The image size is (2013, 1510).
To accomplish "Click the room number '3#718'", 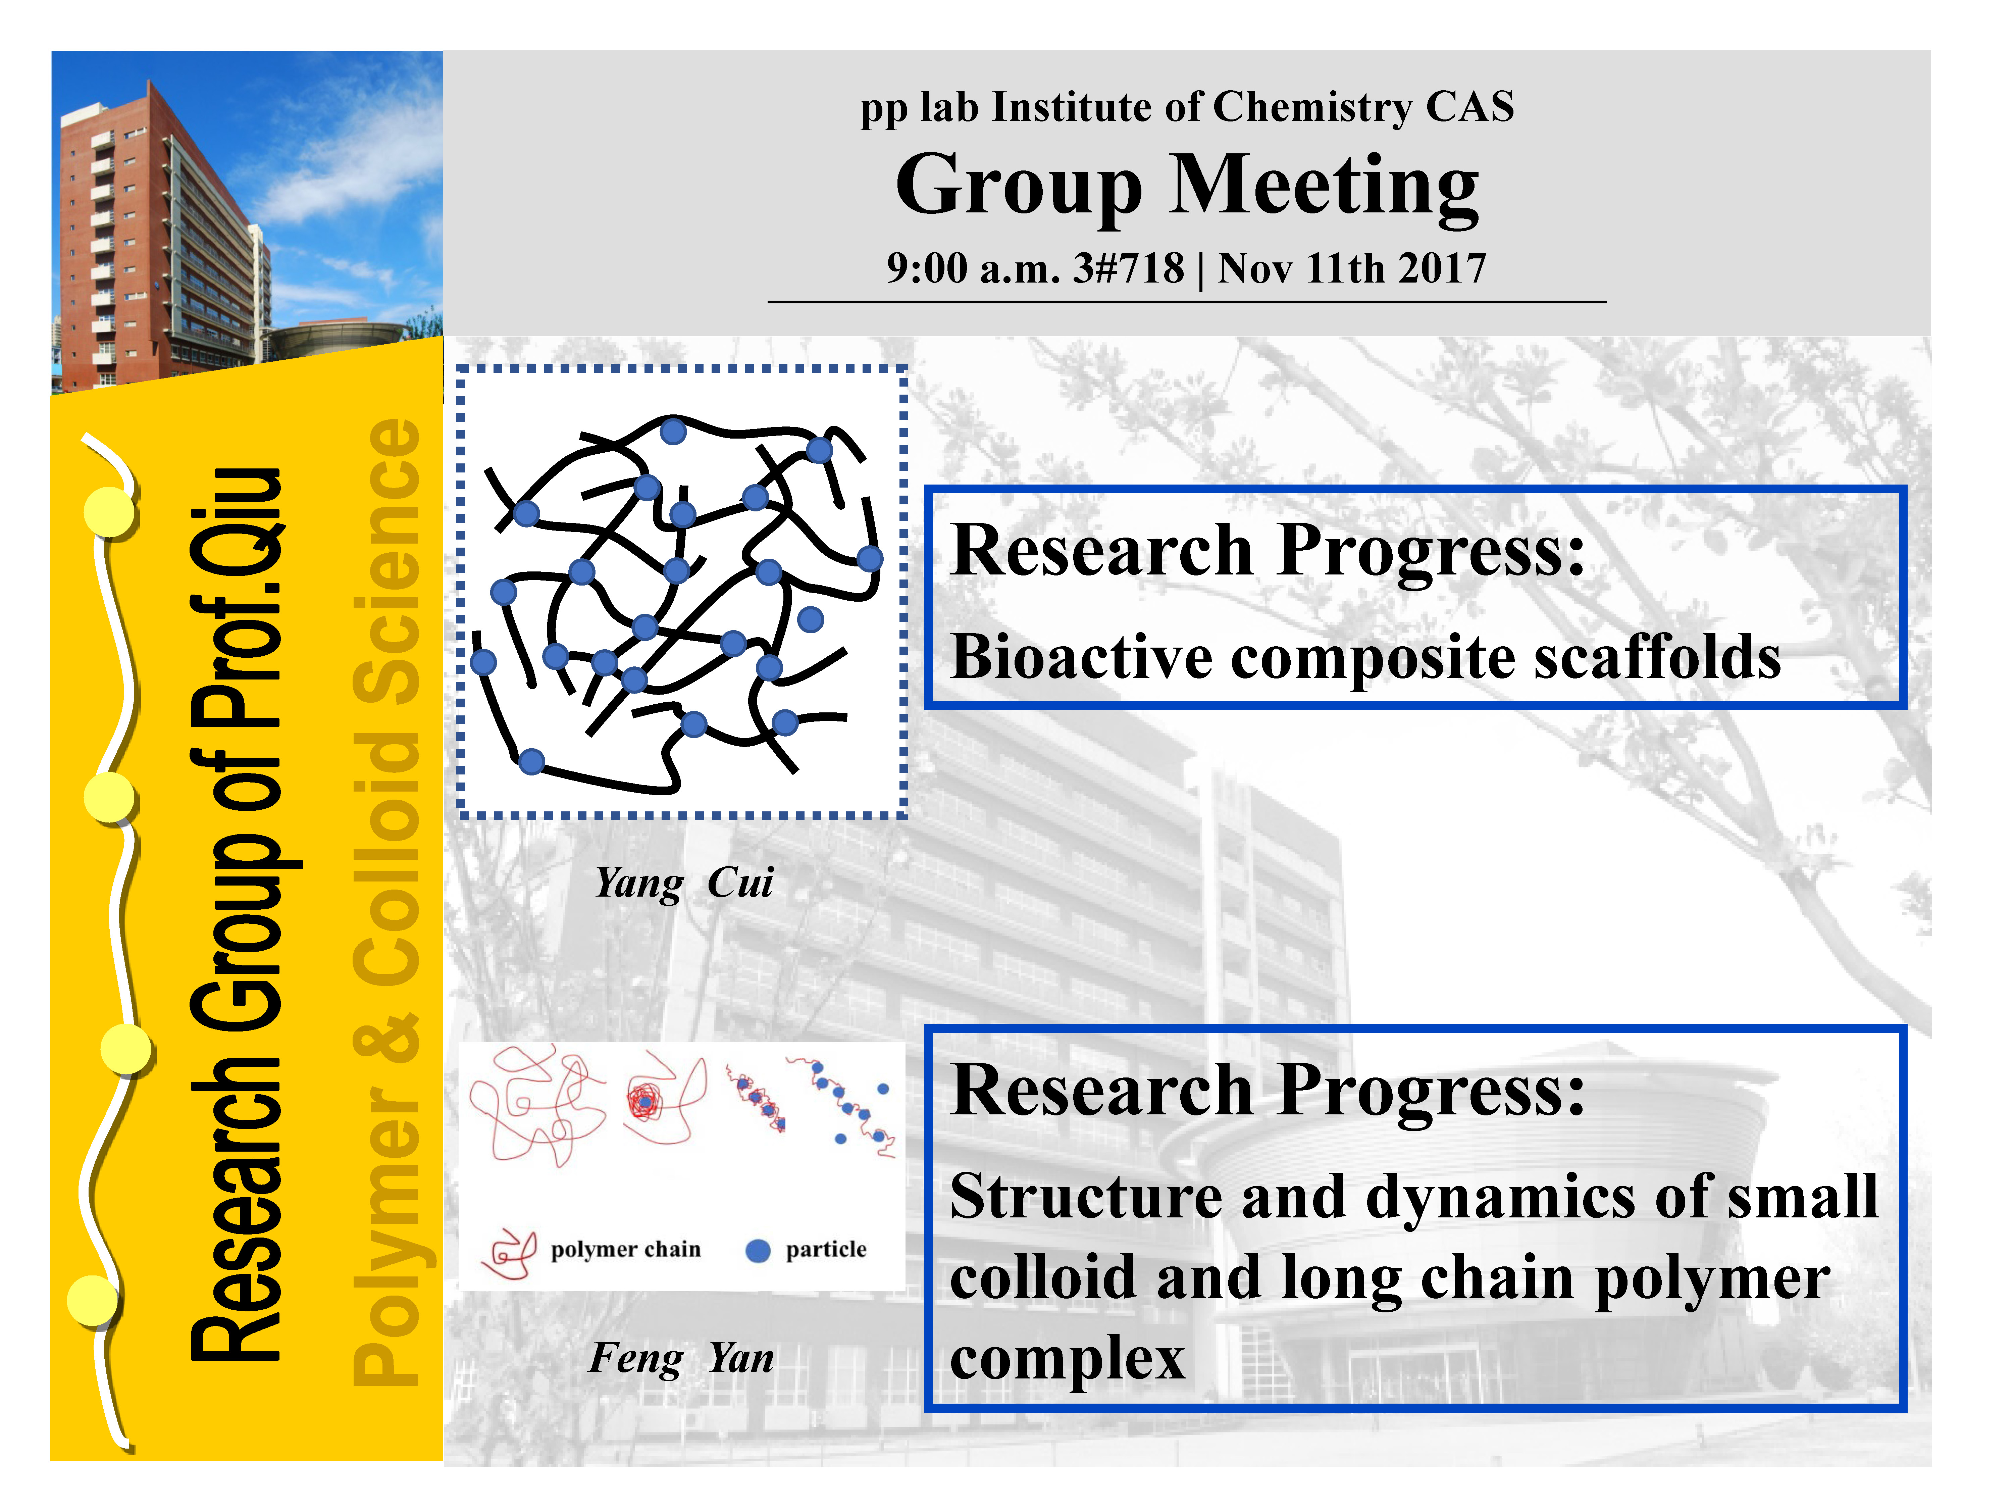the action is pyautogui.click(x=1128, y=268).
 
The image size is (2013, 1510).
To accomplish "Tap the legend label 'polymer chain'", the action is pyautogui.click(x=626, y=1250).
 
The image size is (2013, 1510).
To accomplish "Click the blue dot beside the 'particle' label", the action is pyautogui.click(x=758, y=1252).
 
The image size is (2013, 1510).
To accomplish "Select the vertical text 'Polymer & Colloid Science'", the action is pyautogui.click(x=386, y=901).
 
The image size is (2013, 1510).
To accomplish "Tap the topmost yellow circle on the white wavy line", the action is pyautogui.click(x=110, y=512).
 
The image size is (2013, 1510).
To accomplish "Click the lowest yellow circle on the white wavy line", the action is pyautogui.click(x=93, y=1300).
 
